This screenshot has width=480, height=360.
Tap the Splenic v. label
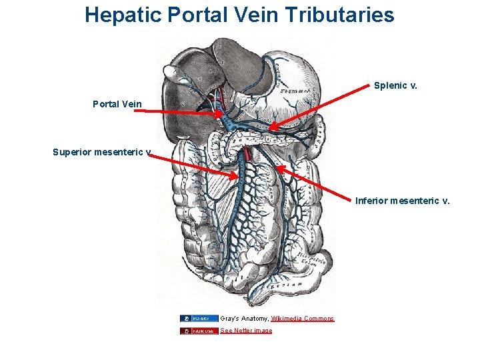coord(395,85)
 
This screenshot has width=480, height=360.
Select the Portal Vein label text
coord(117,103)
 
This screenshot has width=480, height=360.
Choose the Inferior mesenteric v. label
coord(403,200)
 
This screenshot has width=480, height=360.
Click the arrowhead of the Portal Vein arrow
coord(223,114)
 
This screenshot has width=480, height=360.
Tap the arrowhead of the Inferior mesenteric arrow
coord(279,169)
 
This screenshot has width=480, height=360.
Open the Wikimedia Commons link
coord(303,319)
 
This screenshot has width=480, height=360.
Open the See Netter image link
coord(246,331)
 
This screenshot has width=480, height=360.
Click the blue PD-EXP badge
coord(199,319)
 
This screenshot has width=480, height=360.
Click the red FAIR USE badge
coord(199,331)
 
